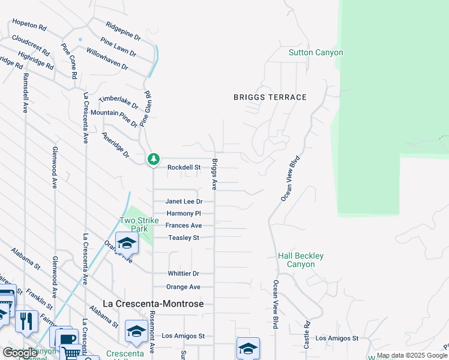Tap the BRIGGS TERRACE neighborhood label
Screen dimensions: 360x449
(x=270, y=97)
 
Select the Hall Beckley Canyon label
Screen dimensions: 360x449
(x=301, y=260)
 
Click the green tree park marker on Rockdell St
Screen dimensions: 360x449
(x=154, y=159)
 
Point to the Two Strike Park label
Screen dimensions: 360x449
(x=133, y=224)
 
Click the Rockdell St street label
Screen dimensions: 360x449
(x=183, y=167)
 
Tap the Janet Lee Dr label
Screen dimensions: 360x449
(x=184, y=202)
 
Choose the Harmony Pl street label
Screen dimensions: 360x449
(x=184, y=214)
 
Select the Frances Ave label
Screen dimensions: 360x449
(x=184, y=226)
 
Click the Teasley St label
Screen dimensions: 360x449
(x=184, y=238)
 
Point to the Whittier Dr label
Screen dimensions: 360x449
(x=183, y=274)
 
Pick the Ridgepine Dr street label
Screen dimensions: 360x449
(x=123, y=31)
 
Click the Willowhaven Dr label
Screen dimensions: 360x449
(x=107, y=59)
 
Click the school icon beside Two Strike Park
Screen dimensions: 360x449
(x=127, y=243)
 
